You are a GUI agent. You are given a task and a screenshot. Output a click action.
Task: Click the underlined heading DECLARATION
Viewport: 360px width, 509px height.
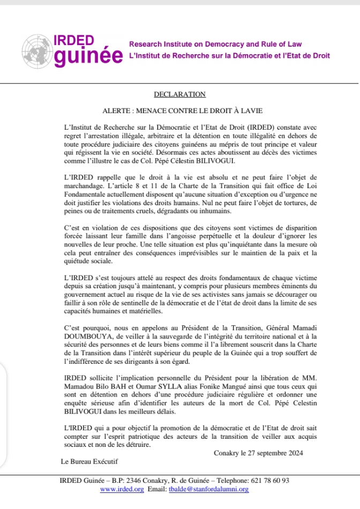pyautogui.click(x=179, y=94)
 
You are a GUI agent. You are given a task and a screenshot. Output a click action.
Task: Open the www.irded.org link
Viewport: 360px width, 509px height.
pyautogui.click(x=122, y=489)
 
